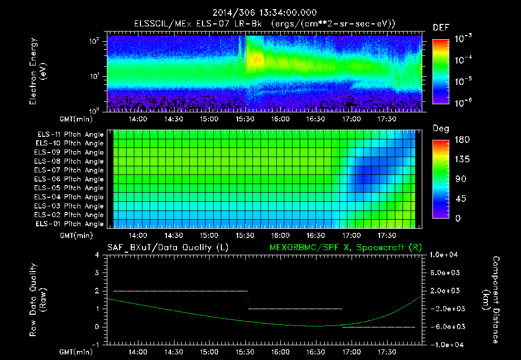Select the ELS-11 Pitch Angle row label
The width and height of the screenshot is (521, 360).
pyautogui.click(x=70, y=135)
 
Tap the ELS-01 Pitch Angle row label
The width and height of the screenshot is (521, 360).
pyautogui.click(x=70, y=224)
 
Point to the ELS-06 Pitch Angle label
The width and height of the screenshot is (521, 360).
pyautogui.click(x=70, y=179)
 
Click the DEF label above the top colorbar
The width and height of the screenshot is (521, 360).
pyautogui.click(x=441, y=27)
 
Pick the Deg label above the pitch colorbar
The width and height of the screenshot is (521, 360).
pyautogui.click(x=441, y=129)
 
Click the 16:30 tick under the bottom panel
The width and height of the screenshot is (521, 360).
pyautogui.click(x=316, y=351)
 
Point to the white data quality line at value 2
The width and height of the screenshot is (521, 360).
pyautogui.click(x=181, y=291)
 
